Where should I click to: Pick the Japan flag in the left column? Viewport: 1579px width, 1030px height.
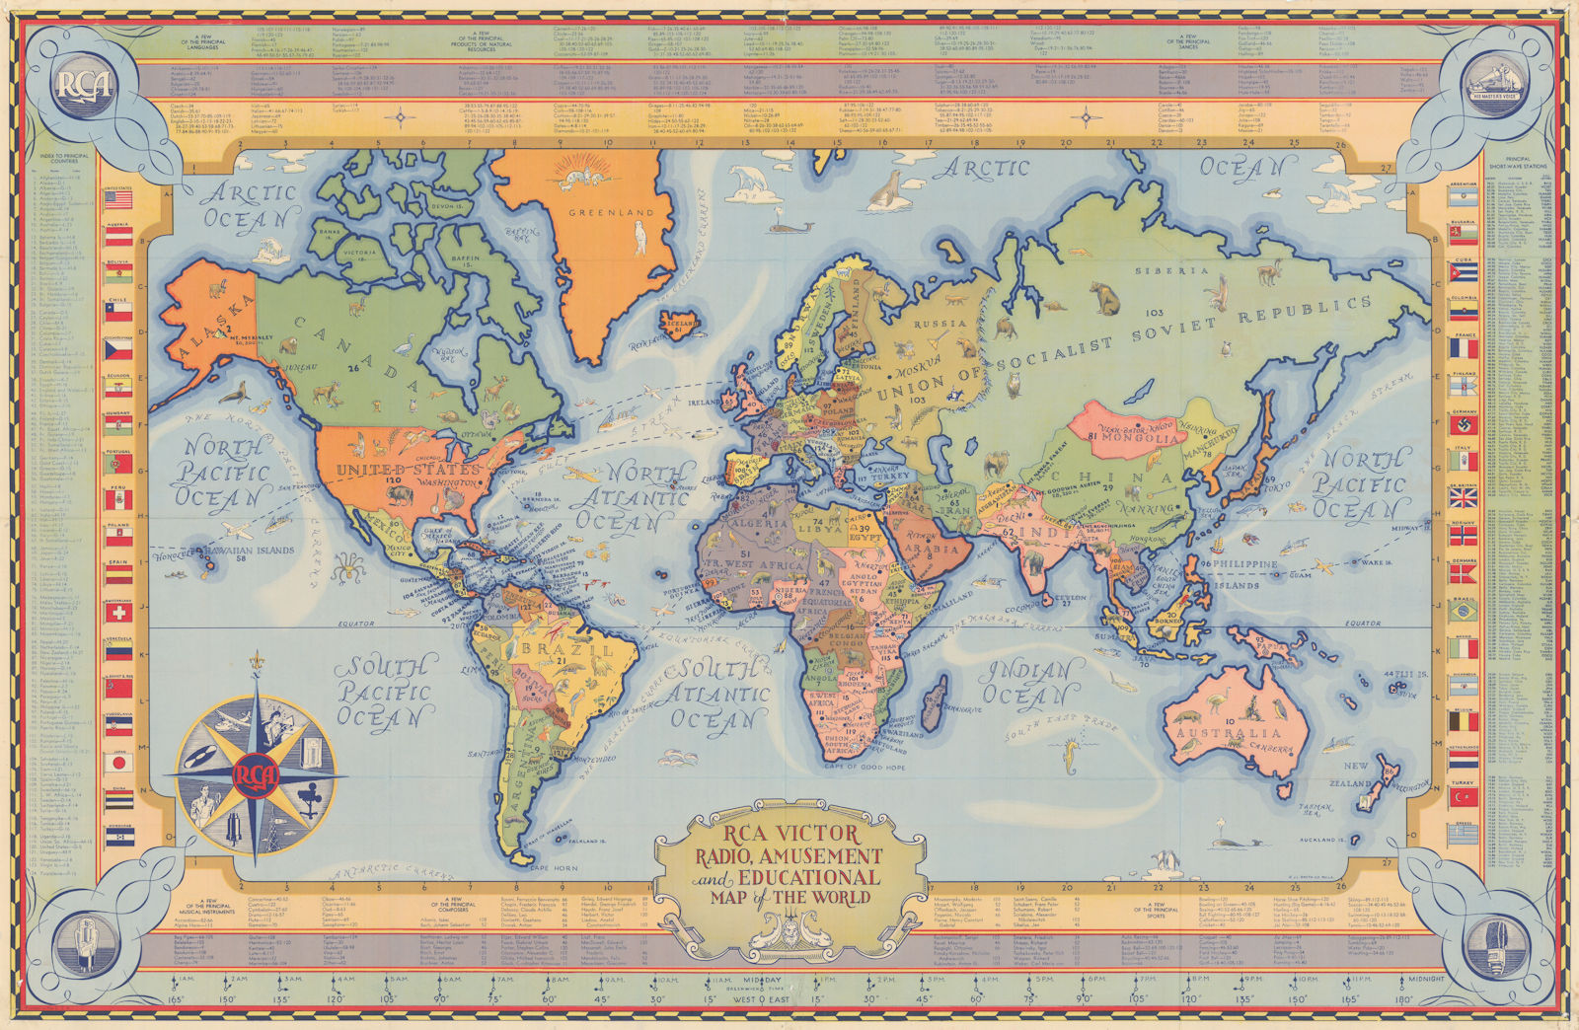[119, 763]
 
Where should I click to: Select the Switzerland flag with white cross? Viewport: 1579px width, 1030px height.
[119, 612]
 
